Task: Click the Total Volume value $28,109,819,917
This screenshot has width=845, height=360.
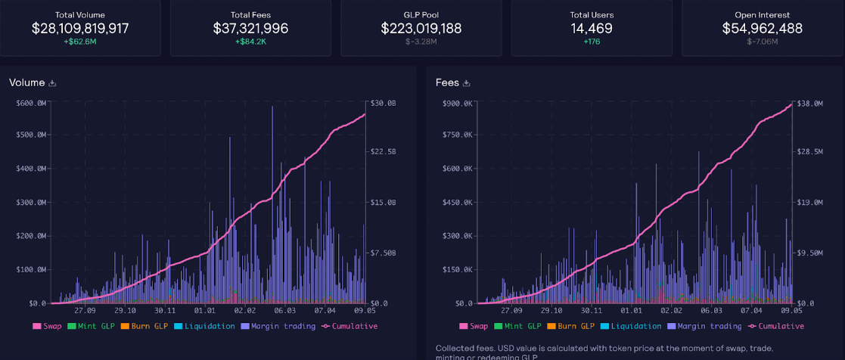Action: click(80, 29)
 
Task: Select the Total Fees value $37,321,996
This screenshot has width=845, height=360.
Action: click(250, 29)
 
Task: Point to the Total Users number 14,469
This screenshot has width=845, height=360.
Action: click(592, 29)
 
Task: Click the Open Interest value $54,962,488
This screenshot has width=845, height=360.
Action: click(763, 29)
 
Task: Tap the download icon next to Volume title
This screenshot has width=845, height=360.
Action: click(53, 82)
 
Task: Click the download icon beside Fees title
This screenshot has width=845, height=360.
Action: click(467, 82)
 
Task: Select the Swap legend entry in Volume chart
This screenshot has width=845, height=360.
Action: click(48, 326)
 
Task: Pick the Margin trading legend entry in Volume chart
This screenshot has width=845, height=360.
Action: click(278, 326)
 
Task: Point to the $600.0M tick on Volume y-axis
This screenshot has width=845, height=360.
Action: click(30, 103)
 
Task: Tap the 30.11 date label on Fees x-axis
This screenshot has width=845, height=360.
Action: click(592, 310)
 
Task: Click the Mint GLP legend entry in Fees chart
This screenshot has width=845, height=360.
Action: click(520, 326)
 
